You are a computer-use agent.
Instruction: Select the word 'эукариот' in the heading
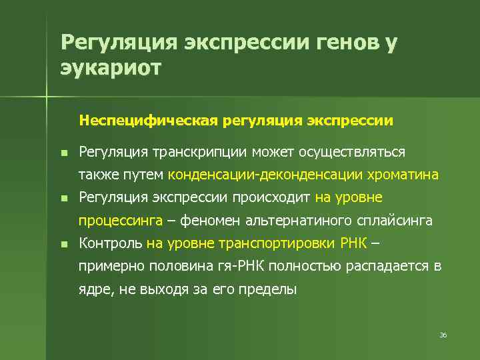pos(111,69)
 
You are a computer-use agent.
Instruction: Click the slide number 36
pos(443,334)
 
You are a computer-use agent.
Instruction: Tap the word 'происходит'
pos(271,197)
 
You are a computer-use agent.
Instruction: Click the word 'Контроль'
pos(110,243)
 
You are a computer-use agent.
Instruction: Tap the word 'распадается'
pos(387,267)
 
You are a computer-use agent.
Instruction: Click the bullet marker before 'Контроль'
pos(63,244)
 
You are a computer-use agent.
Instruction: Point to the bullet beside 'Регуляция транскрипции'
pos(63,153)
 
